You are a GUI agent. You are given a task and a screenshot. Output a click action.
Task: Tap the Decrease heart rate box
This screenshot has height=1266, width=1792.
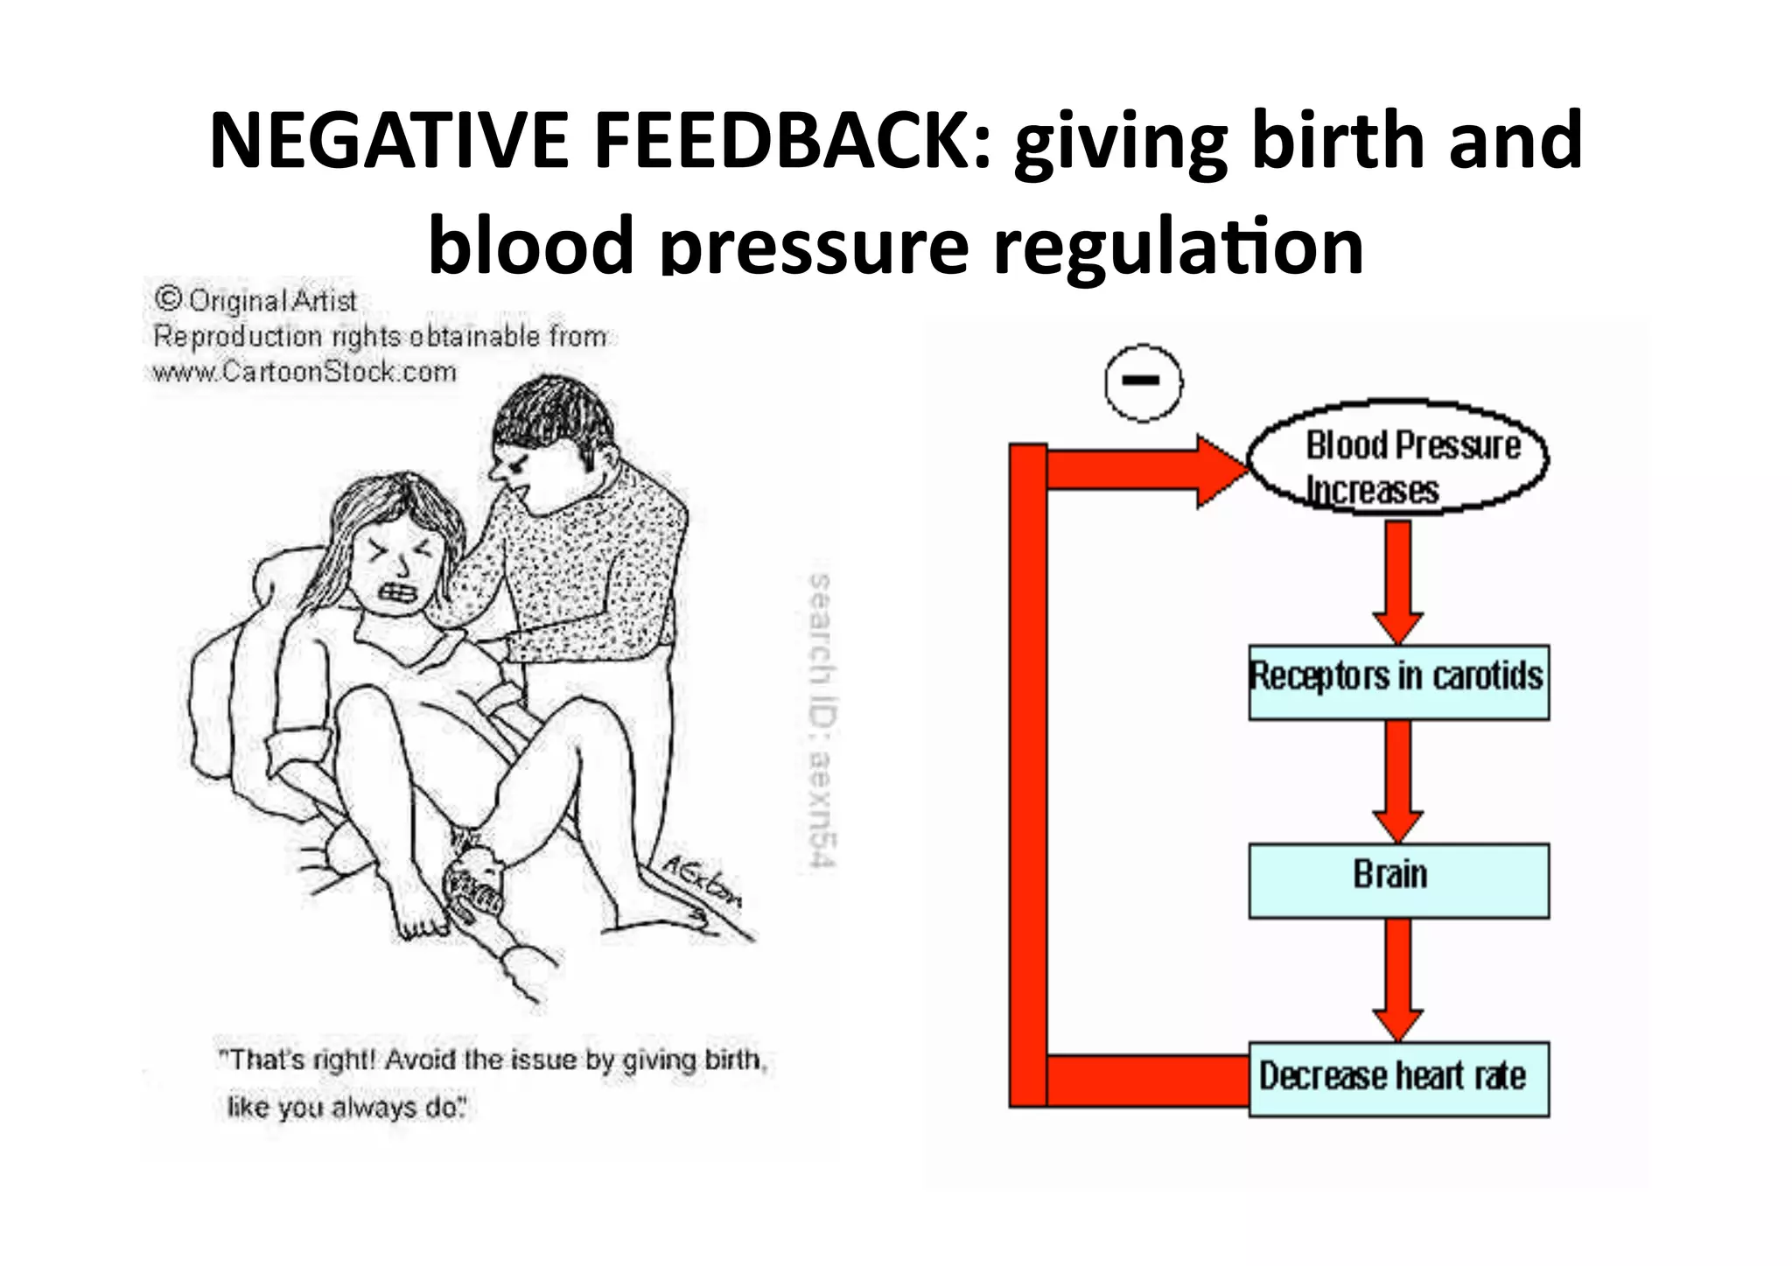point(1398,1078)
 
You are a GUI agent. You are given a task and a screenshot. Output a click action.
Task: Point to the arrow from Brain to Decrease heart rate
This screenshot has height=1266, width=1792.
point(1398,980)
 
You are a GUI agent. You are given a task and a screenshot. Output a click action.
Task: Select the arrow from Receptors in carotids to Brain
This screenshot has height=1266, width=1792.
point(1398,782)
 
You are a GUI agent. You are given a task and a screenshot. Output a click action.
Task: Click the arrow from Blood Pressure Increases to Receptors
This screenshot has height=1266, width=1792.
point(1398,583)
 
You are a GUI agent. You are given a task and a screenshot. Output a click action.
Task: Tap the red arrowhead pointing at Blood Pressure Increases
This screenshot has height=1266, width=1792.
point(1220,472)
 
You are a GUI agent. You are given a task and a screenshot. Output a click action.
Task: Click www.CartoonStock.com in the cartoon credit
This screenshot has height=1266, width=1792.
point(304,372)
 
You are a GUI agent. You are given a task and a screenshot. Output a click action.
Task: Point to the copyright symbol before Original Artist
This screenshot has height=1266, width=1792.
point(167,300)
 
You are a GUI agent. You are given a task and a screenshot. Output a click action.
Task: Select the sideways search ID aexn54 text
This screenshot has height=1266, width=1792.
point(819,722)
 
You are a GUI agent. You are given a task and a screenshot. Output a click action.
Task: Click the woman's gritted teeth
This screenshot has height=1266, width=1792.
point(398,592)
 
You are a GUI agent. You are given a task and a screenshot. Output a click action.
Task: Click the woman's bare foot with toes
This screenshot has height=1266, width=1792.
point(420,919)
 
